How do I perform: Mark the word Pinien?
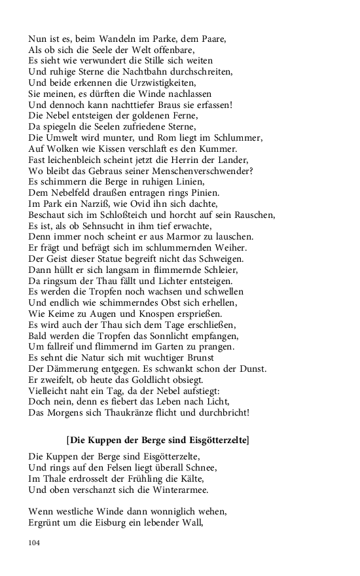coord(204,194)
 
